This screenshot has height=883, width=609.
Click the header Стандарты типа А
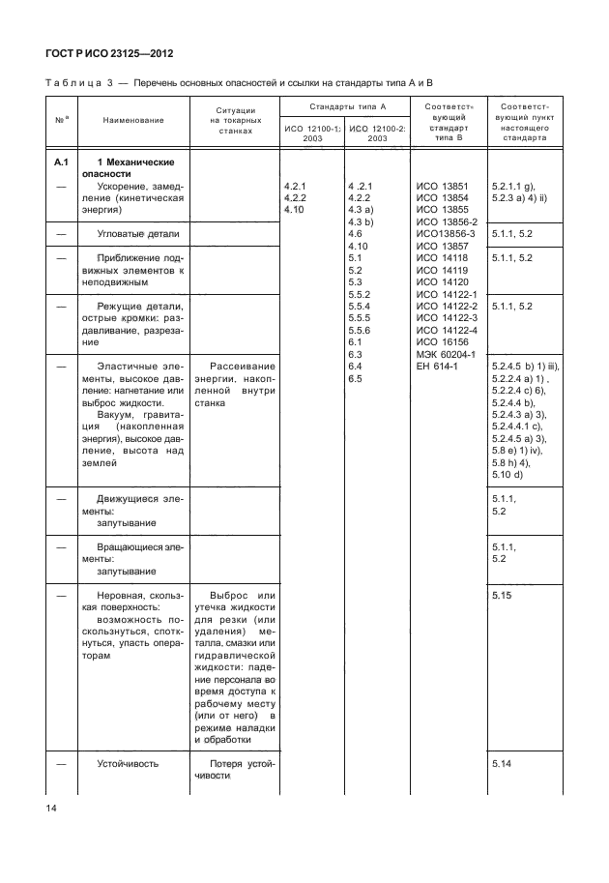(344, 104)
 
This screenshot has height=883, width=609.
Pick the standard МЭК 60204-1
(444, 353)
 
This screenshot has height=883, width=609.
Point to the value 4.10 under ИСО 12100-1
(294, 208)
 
